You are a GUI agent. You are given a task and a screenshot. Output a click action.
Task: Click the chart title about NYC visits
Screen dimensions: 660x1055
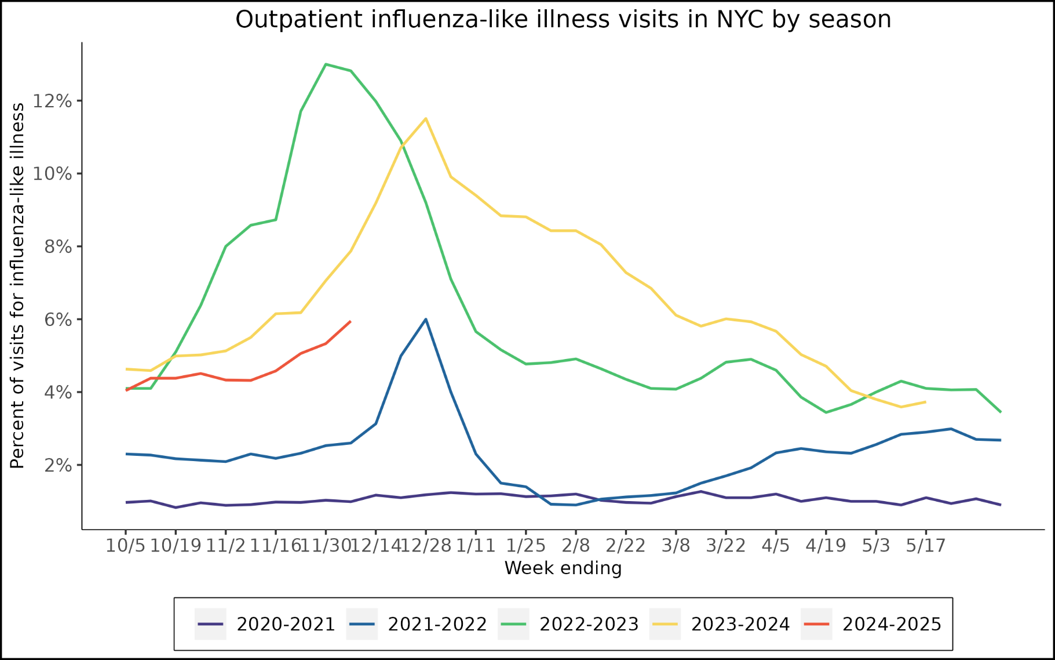tap(563, 20)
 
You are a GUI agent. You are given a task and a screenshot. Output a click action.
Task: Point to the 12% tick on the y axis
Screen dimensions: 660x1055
tap(52, 101)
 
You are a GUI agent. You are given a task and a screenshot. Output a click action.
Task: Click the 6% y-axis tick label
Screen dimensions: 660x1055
tap(58, 320)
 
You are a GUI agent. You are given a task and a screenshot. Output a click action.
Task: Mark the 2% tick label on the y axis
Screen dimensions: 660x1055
tap(58, 466)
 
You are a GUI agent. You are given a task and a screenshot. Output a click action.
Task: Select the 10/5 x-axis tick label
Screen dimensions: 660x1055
tap(125, 546)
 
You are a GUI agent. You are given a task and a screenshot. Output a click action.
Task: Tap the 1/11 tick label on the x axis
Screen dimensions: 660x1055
tap(476, 546)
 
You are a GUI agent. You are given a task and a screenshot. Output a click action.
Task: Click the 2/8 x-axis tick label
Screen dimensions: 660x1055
tap(575, 546)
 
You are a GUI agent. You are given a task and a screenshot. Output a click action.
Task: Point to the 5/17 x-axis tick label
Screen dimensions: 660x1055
tap(925, 546)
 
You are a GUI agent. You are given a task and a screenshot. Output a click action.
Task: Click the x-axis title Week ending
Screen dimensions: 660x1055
tap(563, 568)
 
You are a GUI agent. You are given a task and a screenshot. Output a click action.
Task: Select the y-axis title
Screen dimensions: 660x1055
tap(18, 285)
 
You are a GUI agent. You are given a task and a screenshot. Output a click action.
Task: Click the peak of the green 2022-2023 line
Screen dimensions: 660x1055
tap(326, 64)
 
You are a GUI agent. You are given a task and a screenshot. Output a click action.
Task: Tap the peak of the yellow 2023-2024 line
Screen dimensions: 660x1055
tap(426, 119)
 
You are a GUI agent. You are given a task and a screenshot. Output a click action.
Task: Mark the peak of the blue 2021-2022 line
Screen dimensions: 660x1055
tap(426, 319)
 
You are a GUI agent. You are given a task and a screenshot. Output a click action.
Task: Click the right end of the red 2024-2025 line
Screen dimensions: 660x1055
tap(350, 321)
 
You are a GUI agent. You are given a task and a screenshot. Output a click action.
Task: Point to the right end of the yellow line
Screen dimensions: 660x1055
tap(925, 402)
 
